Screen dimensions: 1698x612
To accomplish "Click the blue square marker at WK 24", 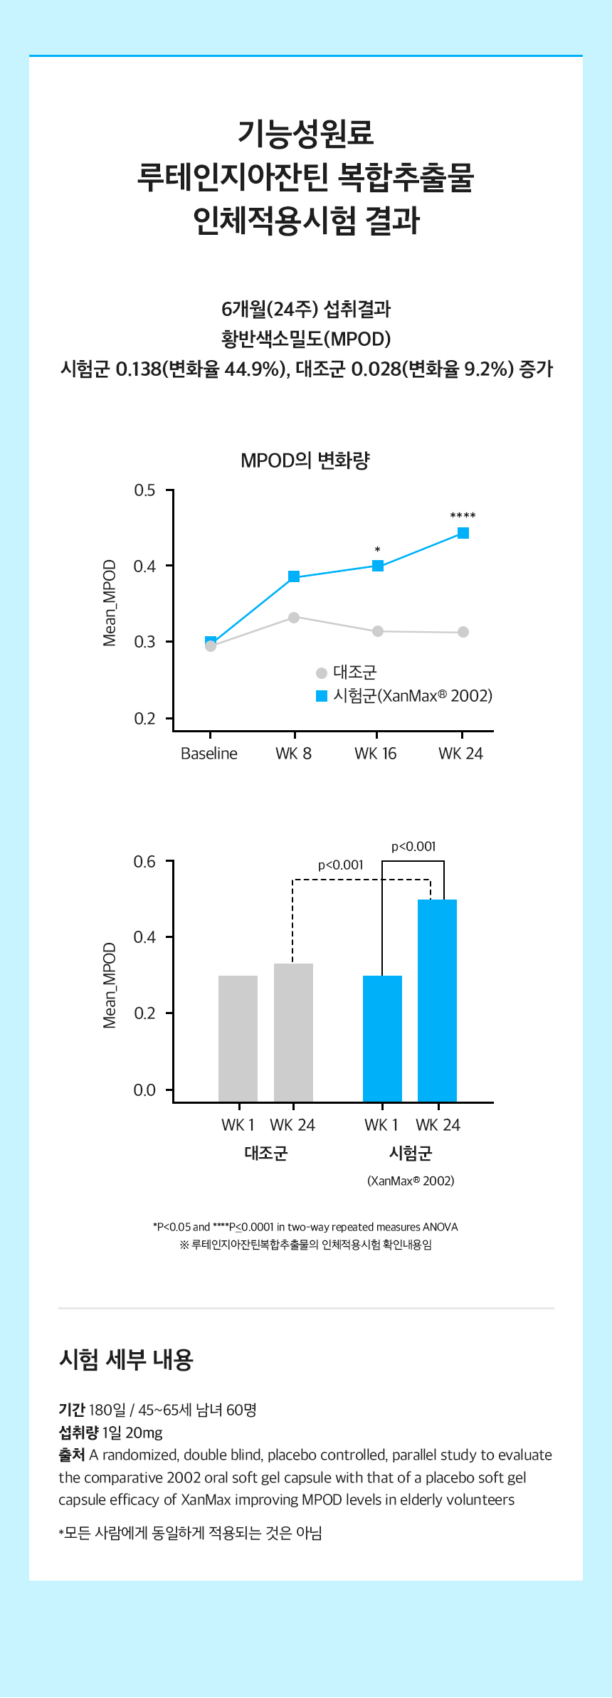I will (x=463, y=533).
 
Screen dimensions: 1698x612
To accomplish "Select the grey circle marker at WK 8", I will (x=294, y=618).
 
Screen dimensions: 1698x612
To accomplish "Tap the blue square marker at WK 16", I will (x=378, y=566).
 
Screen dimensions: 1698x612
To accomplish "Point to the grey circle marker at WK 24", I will (x=463, y=632).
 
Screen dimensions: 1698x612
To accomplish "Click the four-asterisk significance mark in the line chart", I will (x=463, y=516).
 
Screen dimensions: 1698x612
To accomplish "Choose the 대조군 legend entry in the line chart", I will (x=347, y=673).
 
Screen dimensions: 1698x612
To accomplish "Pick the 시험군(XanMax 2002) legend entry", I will (x=405, y=696).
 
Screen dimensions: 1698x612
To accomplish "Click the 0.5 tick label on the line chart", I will (x=144, y=490).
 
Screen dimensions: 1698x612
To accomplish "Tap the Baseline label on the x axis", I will (x=209, y=754).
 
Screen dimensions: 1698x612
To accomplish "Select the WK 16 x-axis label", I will (x=376, y=754).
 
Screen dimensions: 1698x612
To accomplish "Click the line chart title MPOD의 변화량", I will (x=305, y=460).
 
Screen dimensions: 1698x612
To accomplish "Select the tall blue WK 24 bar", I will (x=437, y=1000).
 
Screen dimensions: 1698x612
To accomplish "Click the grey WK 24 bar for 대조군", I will (x=293, y=1032).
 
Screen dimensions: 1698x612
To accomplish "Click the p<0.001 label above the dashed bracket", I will (x=341, y=865).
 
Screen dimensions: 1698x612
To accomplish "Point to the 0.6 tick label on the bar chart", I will (x=144, y=862).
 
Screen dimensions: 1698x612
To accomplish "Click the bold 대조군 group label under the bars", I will (x=265, y=1154).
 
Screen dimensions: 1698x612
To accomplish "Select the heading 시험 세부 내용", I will (x=126, y=1359).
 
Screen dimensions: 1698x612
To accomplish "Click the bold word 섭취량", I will (x=78, y=1433).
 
